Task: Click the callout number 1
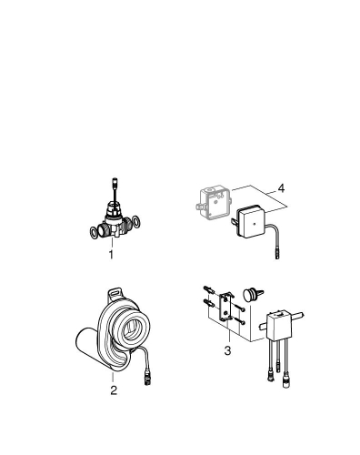coord(111,256)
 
